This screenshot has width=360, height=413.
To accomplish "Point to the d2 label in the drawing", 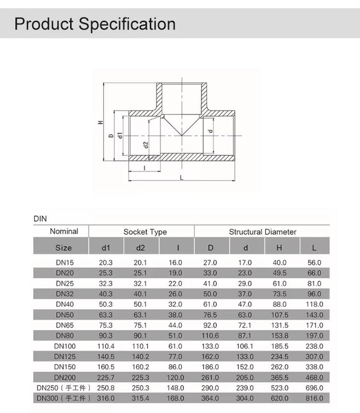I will coord(146,145).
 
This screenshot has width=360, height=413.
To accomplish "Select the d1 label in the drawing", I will coord(120,135).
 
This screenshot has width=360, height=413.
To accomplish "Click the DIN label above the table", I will coord(40,219).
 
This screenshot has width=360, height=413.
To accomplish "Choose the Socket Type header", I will coord(145,232).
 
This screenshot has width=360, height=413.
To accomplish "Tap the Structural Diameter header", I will coord(262,232).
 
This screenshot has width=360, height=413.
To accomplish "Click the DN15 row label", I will coord(65,263).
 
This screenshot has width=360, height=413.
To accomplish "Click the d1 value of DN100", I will coord(106,346).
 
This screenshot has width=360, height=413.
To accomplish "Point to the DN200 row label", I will coord(65,377).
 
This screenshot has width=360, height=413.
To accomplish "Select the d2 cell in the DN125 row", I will coord(140,356).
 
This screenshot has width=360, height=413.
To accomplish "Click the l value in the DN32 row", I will coord(176,294).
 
